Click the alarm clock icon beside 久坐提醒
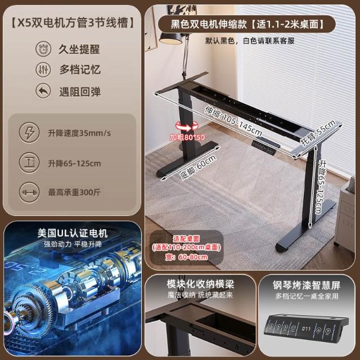43,49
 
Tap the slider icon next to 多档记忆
43,70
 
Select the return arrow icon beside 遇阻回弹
43,91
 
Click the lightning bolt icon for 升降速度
29,133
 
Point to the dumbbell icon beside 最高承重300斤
29,192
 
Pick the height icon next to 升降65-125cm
29,163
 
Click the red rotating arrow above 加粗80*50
187,126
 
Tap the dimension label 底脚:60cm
198,167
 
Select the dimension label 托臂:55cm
318,133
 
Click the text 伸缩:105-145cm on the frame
233,121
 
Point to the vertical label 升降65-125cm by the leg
321,187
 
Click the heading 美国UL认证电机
73,233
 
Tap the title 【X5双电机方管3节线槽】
72,23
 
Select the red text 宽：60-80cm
186,257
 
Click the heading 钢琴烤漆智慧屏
307,285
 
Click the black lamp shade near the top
170,38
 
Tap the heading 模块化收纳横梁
200,284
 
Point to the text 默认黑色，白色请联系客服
250,41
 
